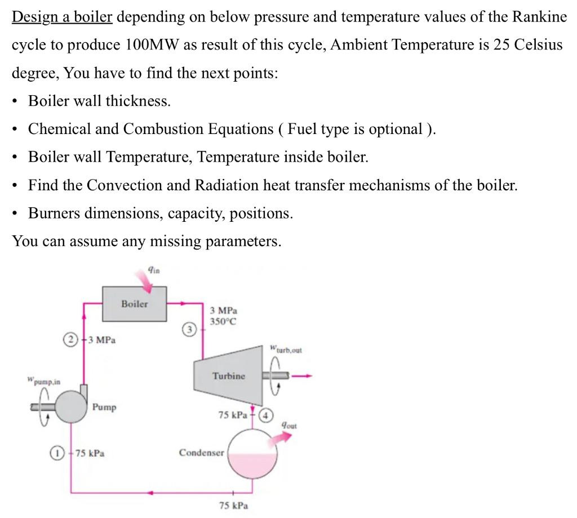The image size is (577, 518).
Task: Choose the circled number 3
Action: (190, 328)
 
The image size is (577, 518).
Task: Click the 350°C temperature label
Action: (223, 321)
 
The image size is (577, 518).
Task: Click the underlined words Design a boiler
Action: (63, 16)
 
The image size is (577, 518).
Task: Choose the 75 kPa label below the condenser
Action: (233, 506)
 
